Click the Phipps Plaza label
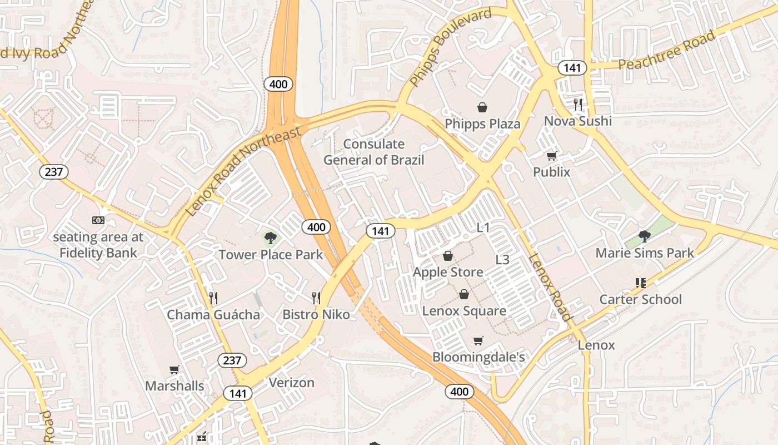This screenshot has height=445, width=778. coord(482,123)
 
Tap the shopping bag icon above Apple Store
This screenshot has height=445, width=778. coord(448,256)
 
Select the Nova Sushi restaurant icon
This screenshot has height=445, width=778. coord(578,104)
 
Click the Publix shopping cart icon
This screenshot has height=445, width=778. coord(551,156)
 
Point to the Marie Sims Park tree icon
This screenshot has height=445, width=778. coord(645,236)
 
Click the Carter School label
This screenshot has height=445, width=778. coord(640,299)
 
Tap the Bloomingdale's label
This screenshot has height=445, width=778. coord(478,357)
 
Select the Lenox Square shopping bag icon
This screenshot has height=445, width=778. coord(464,294)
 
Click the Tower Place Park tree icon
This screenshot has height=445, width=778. coord(271,238)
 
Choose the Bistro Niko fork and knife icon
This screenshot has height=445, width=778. coord(316,298)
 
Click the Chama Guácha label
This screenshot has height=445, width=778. coord(213,315)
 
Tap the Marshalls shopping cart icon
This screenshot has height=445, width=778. coord(174,369)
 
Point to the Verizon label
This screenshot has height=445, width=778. coord(292,383)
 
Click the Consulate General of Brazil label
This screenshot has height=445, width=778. coord(373,152)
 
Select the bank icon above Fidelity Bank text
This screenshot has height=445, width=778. coord(98,220)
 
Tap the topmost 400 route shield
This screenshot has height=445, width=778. coord(278,84)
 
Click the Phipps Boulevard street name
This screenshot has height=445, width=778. coord(451,47)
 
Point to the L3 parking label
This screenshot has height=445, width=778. coord(502,259)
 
